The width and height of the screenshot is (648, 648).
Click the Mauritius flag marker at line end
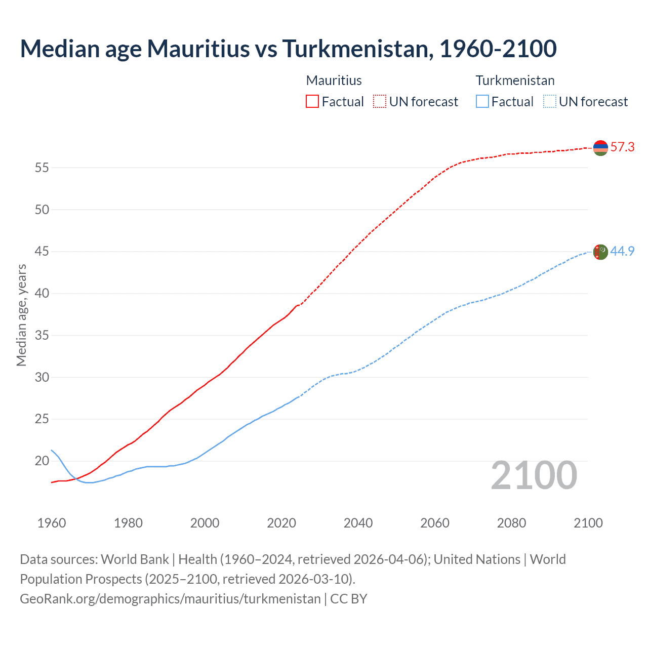(x=600, y=148)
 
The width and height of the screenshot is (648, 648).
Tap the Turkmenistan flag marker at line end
(x=600, y=252)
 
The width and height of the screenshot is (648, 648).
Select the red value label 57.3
(x=622, y=147)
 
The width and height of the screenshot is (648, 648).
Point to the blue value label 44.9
(x=622, y=251)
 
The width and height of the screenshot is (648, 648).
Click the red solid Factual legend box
(x=312, y=102)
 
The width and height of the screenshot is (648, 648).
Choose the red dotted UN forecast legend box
(x=380, y=102)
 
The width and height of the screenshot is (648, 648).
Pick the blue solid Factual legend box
(x=482, y=102)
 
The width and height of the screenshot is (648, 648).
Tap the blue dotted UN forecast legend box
(x=550, y=102)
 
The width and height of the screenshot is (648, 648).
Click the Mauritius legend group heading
(x=334, y=80)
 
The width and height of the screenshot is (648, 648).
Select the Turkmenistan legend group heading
(x=515, y=80)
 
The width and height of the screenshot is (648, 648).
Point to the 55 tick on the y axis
(x=42, y=168)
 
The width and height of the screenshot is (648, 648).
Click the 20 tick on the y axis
(x=42, y=461)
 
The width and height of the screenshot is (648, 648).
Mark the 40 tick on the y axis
(x=42, y=294)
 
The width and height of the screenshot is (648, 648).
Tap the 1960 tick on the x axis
(x=52, y=523)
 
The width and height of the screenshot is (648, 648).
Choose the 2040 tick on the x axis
(x=358, y=523)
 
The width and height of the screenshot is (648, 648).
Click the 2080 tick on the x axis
(x=511, y=523)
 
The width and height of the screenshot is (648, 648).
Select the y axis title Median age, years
(x=21, y=315)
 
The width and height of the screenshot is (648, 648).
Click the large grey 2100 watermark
(x=534, y=475)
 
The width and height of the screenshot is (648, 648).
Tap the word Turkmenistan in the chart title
(x=357, y=49)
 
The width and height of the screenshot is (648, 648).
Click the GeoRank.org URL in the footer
(x=170, y=599)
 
